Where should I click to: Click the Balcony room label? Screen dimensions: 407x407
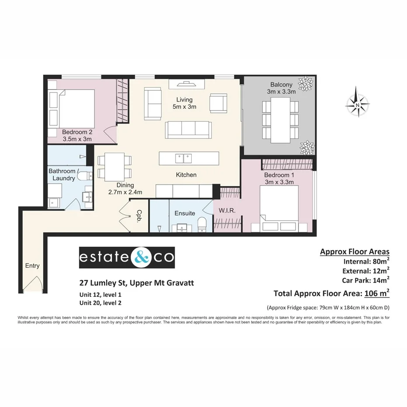[x=281, y=88]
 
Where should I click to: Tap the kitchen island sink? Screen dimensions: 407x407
[x=183, y=158]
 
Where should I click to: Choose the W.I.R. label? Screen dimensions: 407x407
[x=227, y=210]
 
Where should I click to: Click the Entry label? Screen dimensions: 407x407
[x=32, y=266]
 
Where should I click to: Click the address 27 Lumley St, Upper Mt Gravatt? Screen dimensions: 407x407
[x=137, y=283]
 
